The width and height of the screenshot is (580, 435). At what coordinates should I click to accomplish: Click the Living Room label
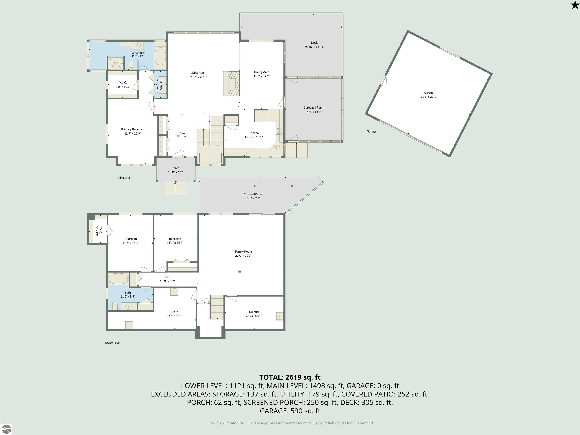click(198, 73)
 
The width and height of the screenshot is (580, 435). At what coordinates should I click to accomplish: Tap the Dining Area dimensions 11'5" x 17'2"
click(262, 76)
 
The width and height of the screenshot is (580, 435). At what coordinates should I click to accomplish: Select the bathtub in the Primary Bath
click(160, 56)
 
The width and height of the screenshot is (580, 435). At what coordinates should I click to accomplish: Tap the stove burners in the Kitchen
click(279, 131)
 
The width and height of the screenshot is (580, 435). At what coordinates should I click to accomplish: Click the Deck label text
click(314, 42)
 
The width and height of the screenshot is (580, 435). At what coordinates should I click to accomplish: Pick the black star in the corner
click(575, 5)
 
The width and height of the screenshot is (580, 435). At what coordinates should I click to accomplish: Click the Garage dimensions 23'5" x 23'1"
click(429, 97)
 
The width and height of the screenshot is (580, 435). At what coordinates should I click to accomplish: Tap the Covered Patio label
click(253, 194)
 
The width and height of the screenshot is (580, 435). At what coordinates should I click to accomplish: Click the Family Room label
click(243, 251)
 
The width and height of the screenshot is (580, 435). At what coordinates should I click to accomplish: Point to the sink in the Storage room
click(279, 316)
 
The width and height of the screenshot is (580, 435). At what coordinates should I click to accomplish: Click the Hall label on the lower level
click(167, 277)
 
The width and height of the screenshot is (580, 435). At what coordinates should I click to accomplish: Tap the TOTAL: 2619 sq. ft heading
click(290, 377)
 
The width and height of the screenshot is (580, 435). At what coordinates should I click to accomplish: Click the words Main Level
click(123, 178)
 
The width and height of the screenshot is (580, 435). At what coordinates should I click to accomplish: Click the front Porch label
click(175, 168)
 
